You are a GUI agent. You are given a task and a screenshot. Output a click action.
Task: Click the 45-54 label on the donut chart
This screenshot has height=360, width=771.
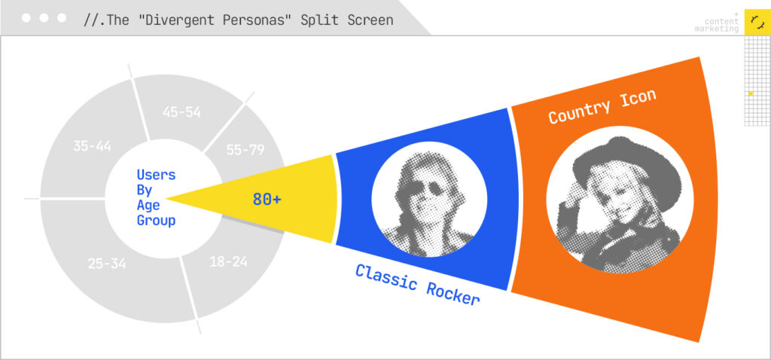pos(181,112)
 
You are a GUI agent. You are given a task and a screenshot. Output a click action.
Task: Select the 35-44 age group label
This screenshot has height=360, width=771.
pos(92,146)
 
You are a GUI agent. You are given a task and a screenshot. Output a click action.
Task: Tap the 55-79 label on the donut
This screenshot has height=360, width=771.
pos(245,150)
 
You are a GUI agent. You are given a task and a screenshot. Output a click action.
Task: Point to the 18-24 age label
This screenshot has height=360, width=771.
pos(228,261)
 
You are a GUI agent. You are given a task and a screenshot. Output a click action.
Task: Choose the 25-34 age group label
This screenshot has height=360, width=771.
pos(107,264)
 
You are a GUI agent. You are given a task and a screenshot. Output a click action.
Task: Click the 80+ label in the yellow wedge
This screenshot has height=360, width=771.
pos(267,199)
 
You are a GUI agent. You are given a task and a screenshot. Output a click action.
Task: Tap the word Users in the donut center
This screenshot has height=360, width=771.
pos(157,175)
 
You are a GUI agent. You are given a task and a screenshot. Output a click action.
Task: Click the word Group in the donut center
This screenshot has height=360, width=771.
pos(157,221)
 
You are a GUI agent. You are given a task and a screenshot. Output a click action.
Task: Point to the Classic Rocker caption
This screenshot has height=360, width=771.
pos(417,284)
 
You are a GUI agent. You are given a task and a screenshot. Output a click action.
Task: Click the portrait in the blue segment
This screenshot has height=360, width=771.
pos(429,199)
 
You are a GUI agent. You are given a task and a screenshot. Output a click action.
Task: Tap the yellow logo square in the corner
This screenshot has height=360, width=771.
pos(757,22)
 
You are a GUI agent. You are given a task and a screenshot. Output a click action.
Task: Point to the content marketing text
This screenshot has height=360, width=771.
pos(717,25)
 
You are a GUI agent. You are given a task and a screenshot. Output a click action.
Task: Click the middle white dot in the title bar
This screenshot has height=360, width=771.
pos(44,18)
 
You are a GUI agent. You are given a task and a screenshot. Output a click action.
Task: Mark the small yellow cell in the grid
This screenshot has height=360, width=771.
pos(751,93)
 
